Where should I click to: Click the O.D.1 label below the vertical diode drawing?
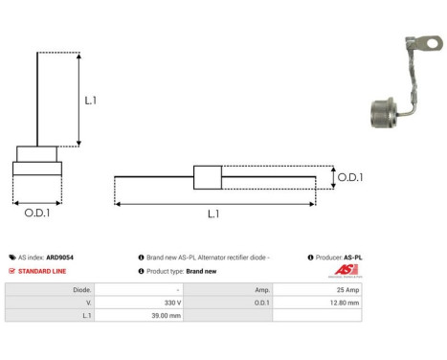[36, 213]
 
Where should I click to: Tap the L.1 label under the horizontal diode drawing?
[213, 214]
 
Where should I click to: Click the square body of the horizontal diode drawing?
[208, 177]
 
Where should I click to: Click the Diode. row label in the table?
[82, 287]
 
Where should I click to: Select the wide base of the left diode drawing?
[36, 169]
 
